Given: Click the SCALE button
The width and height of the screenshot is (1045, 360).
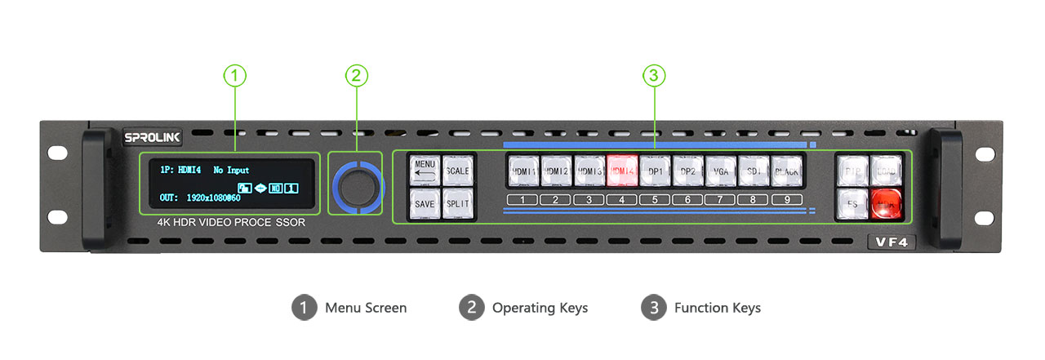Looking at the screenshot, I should pyautogui.click(x=457, y=171).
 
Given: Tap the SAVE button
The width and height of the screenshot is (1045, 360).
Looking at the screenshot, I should pyautogui.click(x=425, y=203).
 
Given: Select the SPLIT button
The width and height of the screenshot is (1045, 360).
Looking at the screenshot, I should pyautogui.click(x=457, y=203).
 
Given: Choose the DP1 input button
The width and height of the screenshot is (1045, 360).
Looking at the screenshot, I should pyautogui.click(x=655, y=171).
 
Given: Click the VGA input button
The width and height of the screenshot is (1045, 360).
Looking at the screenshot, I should pyautogui.click(x=721, y=171).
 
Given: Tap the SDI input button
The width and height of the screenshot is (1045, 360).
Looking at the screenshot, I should pyautogui.click(x=754, y=171).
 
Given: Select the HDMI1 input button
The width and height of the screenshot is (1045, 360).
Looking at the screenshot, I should pyautogui.click(x=523, y=171).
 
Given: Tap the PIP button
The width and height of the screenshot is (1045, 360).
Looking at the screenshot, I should pyautogui.click(x=852, y=171).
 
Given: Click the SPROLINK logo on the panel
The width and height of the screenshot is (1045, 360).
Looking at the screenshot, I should pyautogui.click(x=153, y=138).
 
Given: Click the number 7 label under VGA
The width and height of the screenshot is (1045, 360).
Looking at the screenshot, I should pyautogui.click(x=720, y=200).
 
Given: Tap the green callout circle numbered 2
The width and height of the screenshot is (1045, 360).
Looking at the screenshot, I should pyautogui.click(x=356, y=76).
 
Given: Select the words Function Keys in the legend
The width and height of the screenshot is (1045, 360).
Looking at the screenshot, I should pyautogui.click(x=717, y=308).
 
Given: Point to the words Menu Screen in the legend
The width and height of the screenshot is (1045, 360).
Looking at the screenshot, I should pyautogui.click(x=365, y=308).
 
